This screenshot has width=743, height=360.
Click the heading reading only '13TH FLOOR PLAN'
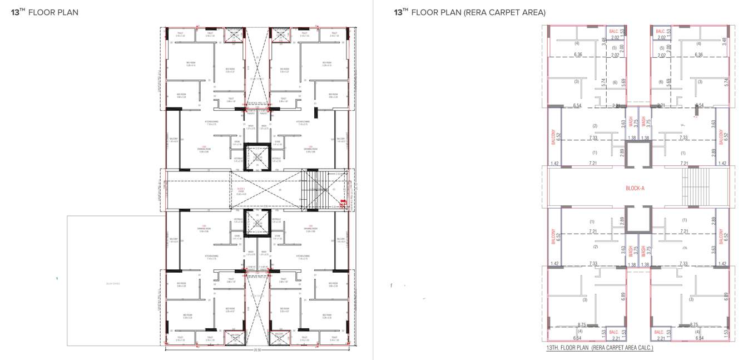coord(44,12)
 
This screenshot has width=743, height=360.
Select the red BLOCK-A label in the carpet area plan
coord(635,189)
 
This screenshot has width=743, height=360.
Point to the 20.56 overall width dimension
coord(257,350)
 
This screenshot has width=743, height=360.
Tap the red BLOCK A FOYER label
coord(241,190)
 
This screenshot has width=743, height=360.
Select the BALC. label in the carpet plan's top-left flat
coord(614,32)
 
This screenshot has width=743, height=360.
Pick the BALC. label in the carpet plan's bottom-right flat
coord(660,332)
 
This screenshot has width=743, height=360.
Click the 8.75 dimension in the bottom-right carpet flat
coord(694,324)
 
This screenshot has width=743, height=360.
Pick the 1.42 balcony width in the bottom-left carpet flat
coord(553,264)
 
